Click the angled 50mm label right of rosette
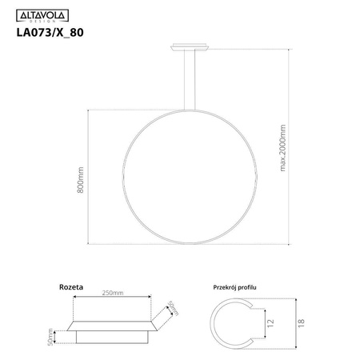170,308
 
